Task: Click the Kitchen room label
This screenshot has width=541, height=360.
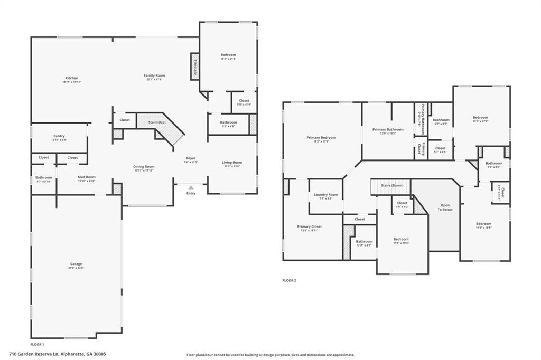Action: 72,78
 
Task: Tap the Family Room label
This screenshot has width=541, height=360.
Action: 154,75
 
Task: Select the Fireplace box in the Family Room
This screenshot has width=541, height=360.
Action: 194,67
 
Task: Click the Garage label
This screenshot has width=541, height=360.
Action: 76,264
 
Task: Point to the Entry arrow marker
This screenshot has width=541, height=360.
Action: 191,187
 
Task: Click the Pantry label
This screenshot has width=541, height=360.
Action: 59,136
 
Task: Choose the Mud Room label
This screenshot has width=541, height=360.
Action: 86,177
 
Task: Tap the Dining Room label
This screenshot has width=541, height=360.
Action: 143,167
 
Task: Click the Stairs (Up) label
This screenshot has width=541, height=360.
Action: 157,122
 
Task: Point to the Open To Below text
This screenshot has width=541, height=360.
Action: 445,207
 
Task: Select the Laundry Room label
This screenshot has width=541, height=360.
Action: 325,195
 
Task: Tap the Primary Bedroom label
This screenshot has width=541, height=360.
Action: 321,138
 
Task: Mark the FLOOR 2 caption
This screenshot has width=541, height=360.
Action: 289,280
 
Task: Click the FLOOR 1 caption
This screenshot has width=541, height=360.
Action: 37,344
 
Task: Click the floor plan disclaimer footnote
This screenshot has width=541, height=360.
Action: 270,355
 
